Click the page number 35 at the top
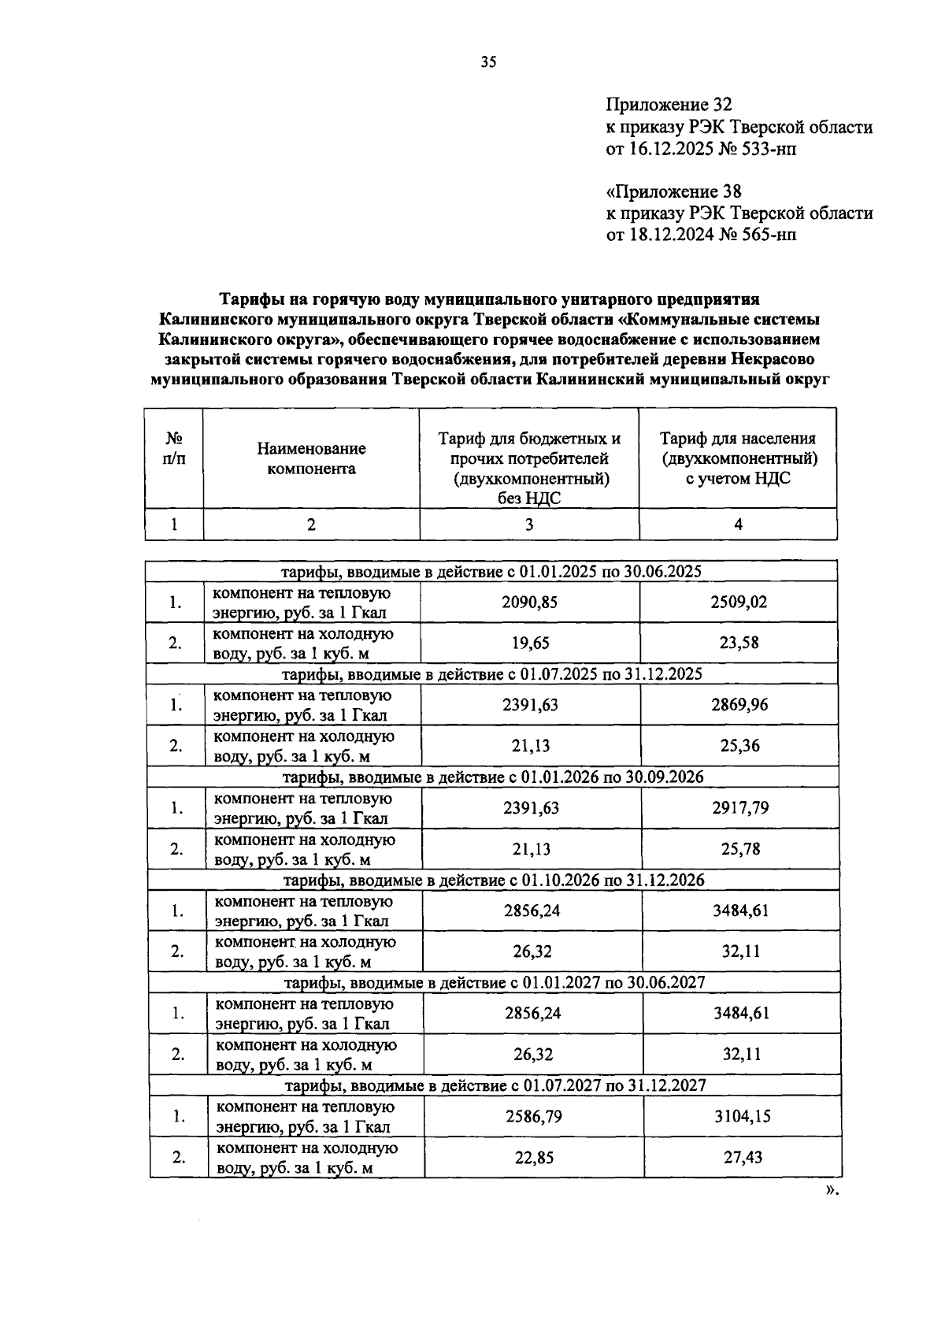pyautogui.click(x=488, y=63)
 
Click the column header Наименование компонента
pyautogui.click(x=311, y=458)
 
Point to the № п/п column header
pyautogui.click(x=174, y=448)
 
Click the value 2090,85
pyautogui.click(x=529, y=603)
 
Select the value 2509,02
pyautogui.click(x=738, y=603)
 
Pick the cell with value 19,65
pyautogui.click(x=530, y=643)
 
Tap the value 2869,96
pyautogui.click(x=739, y=705)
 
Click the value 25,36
pyautogui.click(x=739, y=746)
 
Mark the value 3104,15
pyautogui.click(x=742, y=1116)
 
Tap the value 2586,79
pyautogui.click(x=533, y=1116)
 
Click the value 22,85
pyautogui.click(x=534, y=1157)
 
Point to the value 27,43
pyautogui.click(x=743, y=1157)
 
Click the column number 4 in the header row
pyautogui.click(x=738, y=525)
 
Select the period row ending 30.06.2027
pyautogui.click(x=494, y=982)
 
